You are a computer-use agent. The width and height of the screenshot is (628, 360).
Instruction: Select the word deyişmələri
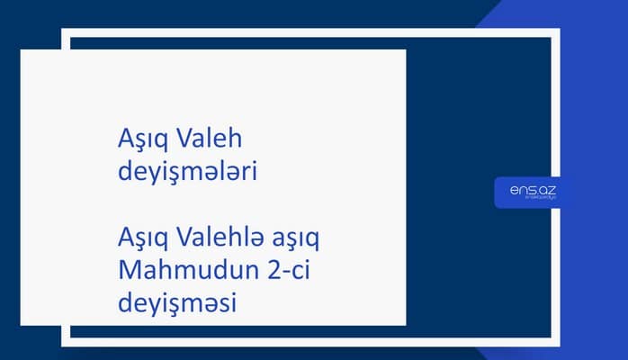click(x=187, y=171)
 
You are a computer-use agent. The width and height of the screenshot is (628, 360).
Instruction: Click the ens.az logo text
click(x=527, y=189)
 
